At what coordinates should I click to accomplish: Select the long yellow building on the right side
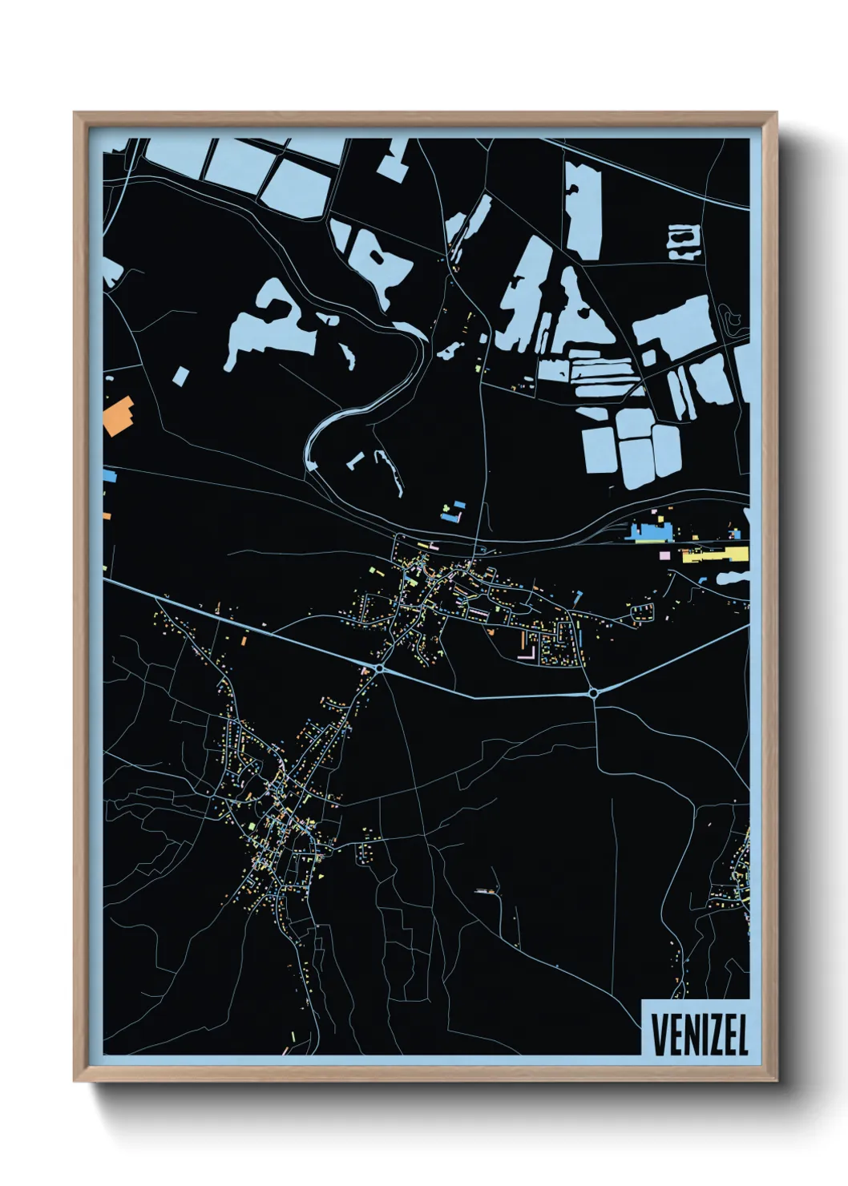point(715,555)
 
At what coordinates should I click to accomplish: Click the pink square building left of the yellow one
point(664,555)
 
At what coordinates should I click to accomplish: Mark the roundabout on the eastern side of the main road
point(593,692)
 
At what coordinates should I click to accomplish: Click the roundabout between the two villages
point(379,667)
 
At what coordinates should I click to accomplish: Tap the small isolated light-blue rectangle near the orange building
point(181,375)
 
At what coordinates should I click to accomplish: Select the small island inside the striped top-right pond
point(683,238)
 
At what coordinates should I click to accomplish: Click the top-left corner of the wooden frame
point(76,115)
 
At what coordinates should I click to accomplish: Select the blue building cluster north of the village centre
point(454,511)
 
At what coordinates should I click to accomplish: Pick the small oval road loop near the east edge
point(732,319)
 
